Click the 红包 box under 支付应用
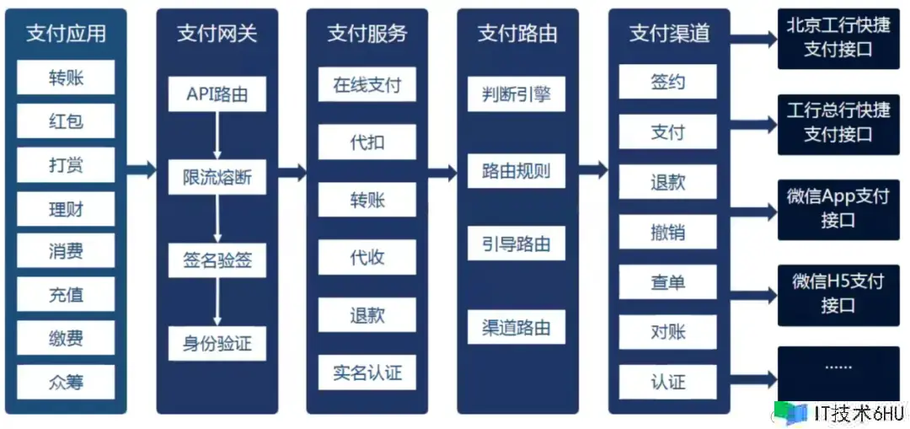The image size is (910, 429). [x=66, y=121]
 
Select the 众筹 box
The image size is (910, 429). [x=66, y=382]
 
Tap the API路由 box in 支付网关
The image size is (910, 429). [x=217, y=94]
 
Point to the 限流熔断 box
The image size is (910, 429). [x=217, y=178]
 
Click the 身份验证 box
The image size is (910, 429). [x=217, y=344]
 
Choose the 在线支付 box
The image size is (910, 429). [x=367, y=85]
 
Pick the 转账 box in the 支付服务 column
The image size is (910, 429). [x=367, y=201]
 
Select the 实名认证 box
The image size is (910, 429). [x=367, y=373]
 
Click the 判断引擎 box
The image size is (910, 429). [x=517, y=94]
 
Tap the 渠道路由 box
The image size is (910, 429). [x=517, y=327]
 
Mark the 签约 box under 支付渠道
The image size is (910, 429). [x=667, y=82]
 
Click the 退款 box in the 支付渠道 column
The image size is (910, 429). [x=667, y=182]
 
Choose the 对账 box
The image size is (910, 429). [x=667, y=331]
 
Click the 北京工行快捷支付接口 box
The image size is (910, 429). [x=838, y=39]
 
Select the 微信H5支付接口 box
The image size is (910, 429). [x=838, y=293]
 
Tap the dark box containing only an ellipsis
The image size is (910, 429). [x=838, y=371]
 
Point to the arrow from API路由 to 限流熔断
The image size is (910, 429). [x=217, y=135]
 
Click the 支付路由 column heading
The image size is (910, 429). [x=517, y=34]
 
